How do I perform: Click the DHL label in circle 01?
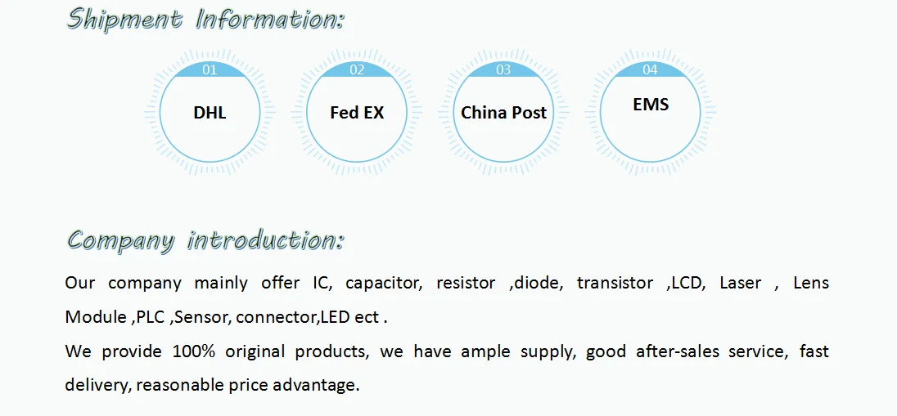(210, 113)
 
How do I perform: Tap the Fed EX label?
(357, 113)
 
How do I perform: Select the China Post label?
(503, 113)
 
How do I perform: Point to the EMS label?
(651, 105)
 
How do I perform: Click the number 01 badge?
(210, 69)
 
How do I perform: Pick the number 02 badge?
(357, 69)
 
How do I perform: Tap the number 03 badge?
(503, 69)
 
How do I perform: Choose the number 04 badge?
(651, 69)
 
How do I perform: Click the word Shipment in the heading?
(124, 20)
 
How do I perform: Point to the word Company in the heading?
(120, 240)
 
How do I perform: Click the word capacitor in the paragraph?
(384, 284)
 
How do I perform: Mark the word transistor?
(615, 283)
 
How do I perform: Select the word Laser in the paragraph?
(741, 283)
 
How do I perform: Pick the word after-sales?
(678, 351)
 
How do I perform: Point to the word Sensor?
(201, 317)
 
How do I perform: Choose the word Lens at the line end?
(811, 283)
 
